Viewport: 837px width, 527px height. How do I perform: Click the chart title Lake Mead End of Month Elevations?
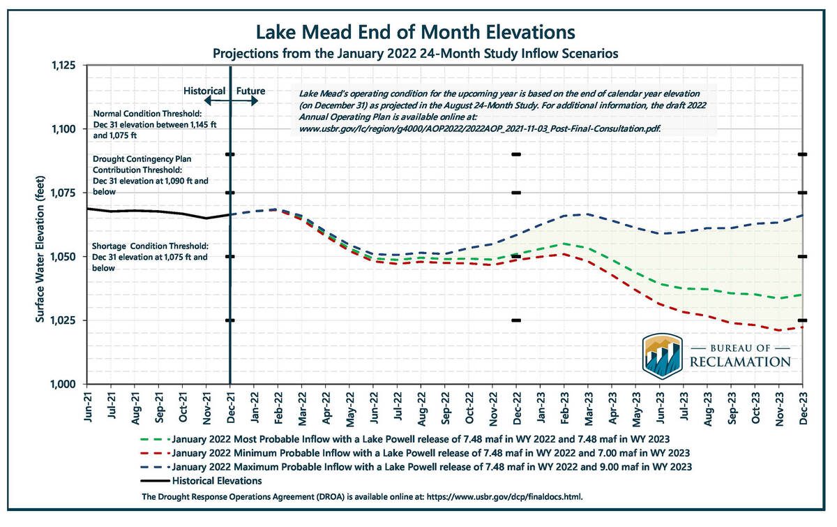pos(416,32)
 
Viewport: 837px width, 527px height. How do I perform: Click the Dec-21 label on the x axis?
pos(231,405)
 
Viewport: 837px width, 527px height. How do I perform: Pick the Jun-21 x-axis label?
pos(88,405)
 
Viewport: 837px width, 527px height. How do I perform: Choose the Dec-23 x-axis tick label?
pos(803,405)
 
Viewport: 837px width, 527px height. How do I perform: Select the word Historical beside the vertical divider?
pos(204,91)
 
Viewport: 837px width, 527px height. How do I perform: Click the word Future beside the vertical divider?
pos(250,91)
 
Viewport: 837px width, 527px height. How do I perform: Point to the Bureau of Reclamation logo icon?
pos(662,355)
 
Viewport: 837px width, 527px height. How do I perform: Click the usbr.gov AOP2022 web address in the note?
pos(480,129)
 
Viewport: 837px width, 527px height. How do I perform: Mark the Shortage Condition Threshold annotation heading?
pos(151,247)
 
